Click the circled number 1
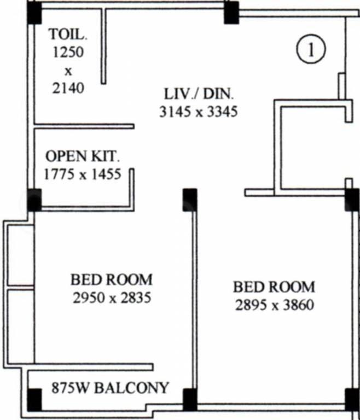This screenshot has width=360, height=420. click(311, 50)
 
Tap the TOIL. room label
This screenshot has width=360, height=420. click(68, 34)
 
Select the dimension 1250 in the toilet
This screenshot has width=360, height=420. click(68, 52)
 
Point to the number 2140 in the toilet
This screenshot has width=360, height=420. click(68, 88)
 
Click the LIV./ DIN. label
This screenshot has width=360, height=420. click(199, 94)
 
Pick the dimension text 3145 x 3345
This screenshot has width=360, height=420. click(199, 112)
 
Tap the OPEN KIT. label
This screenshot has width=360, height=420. click(82, 156)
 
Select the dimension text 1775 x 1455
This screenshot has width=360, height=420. click(82, 174)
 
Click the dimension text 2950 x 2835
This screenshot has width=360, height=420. click(112, 297)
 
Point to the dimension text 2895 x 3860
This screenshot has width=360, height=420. click(275, 305)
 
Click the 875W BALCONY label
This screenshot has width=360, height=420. click(110, 388)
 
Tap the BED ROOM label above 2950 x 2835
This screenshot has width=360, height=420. click(112, 279)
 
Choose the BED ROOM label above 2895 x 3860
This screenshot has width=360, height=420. click(274, 287)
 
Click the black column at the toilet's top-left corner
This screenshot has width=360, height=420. click(34, 13)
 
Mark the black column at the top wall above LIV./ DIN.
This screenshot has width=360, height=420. click(231, 13)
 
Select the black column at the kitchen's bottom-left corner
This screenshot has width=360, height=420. click(34, 200)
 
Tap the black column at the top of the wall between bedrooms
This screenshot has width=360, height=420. click(190, 200)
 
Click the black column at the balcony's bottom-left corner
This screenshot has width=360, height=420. click(34, 400)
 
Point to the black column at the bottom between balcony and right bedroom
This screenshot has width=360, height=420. click(190, 400)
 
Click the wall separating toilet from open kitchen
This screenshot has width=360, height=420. click(84, 126)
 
